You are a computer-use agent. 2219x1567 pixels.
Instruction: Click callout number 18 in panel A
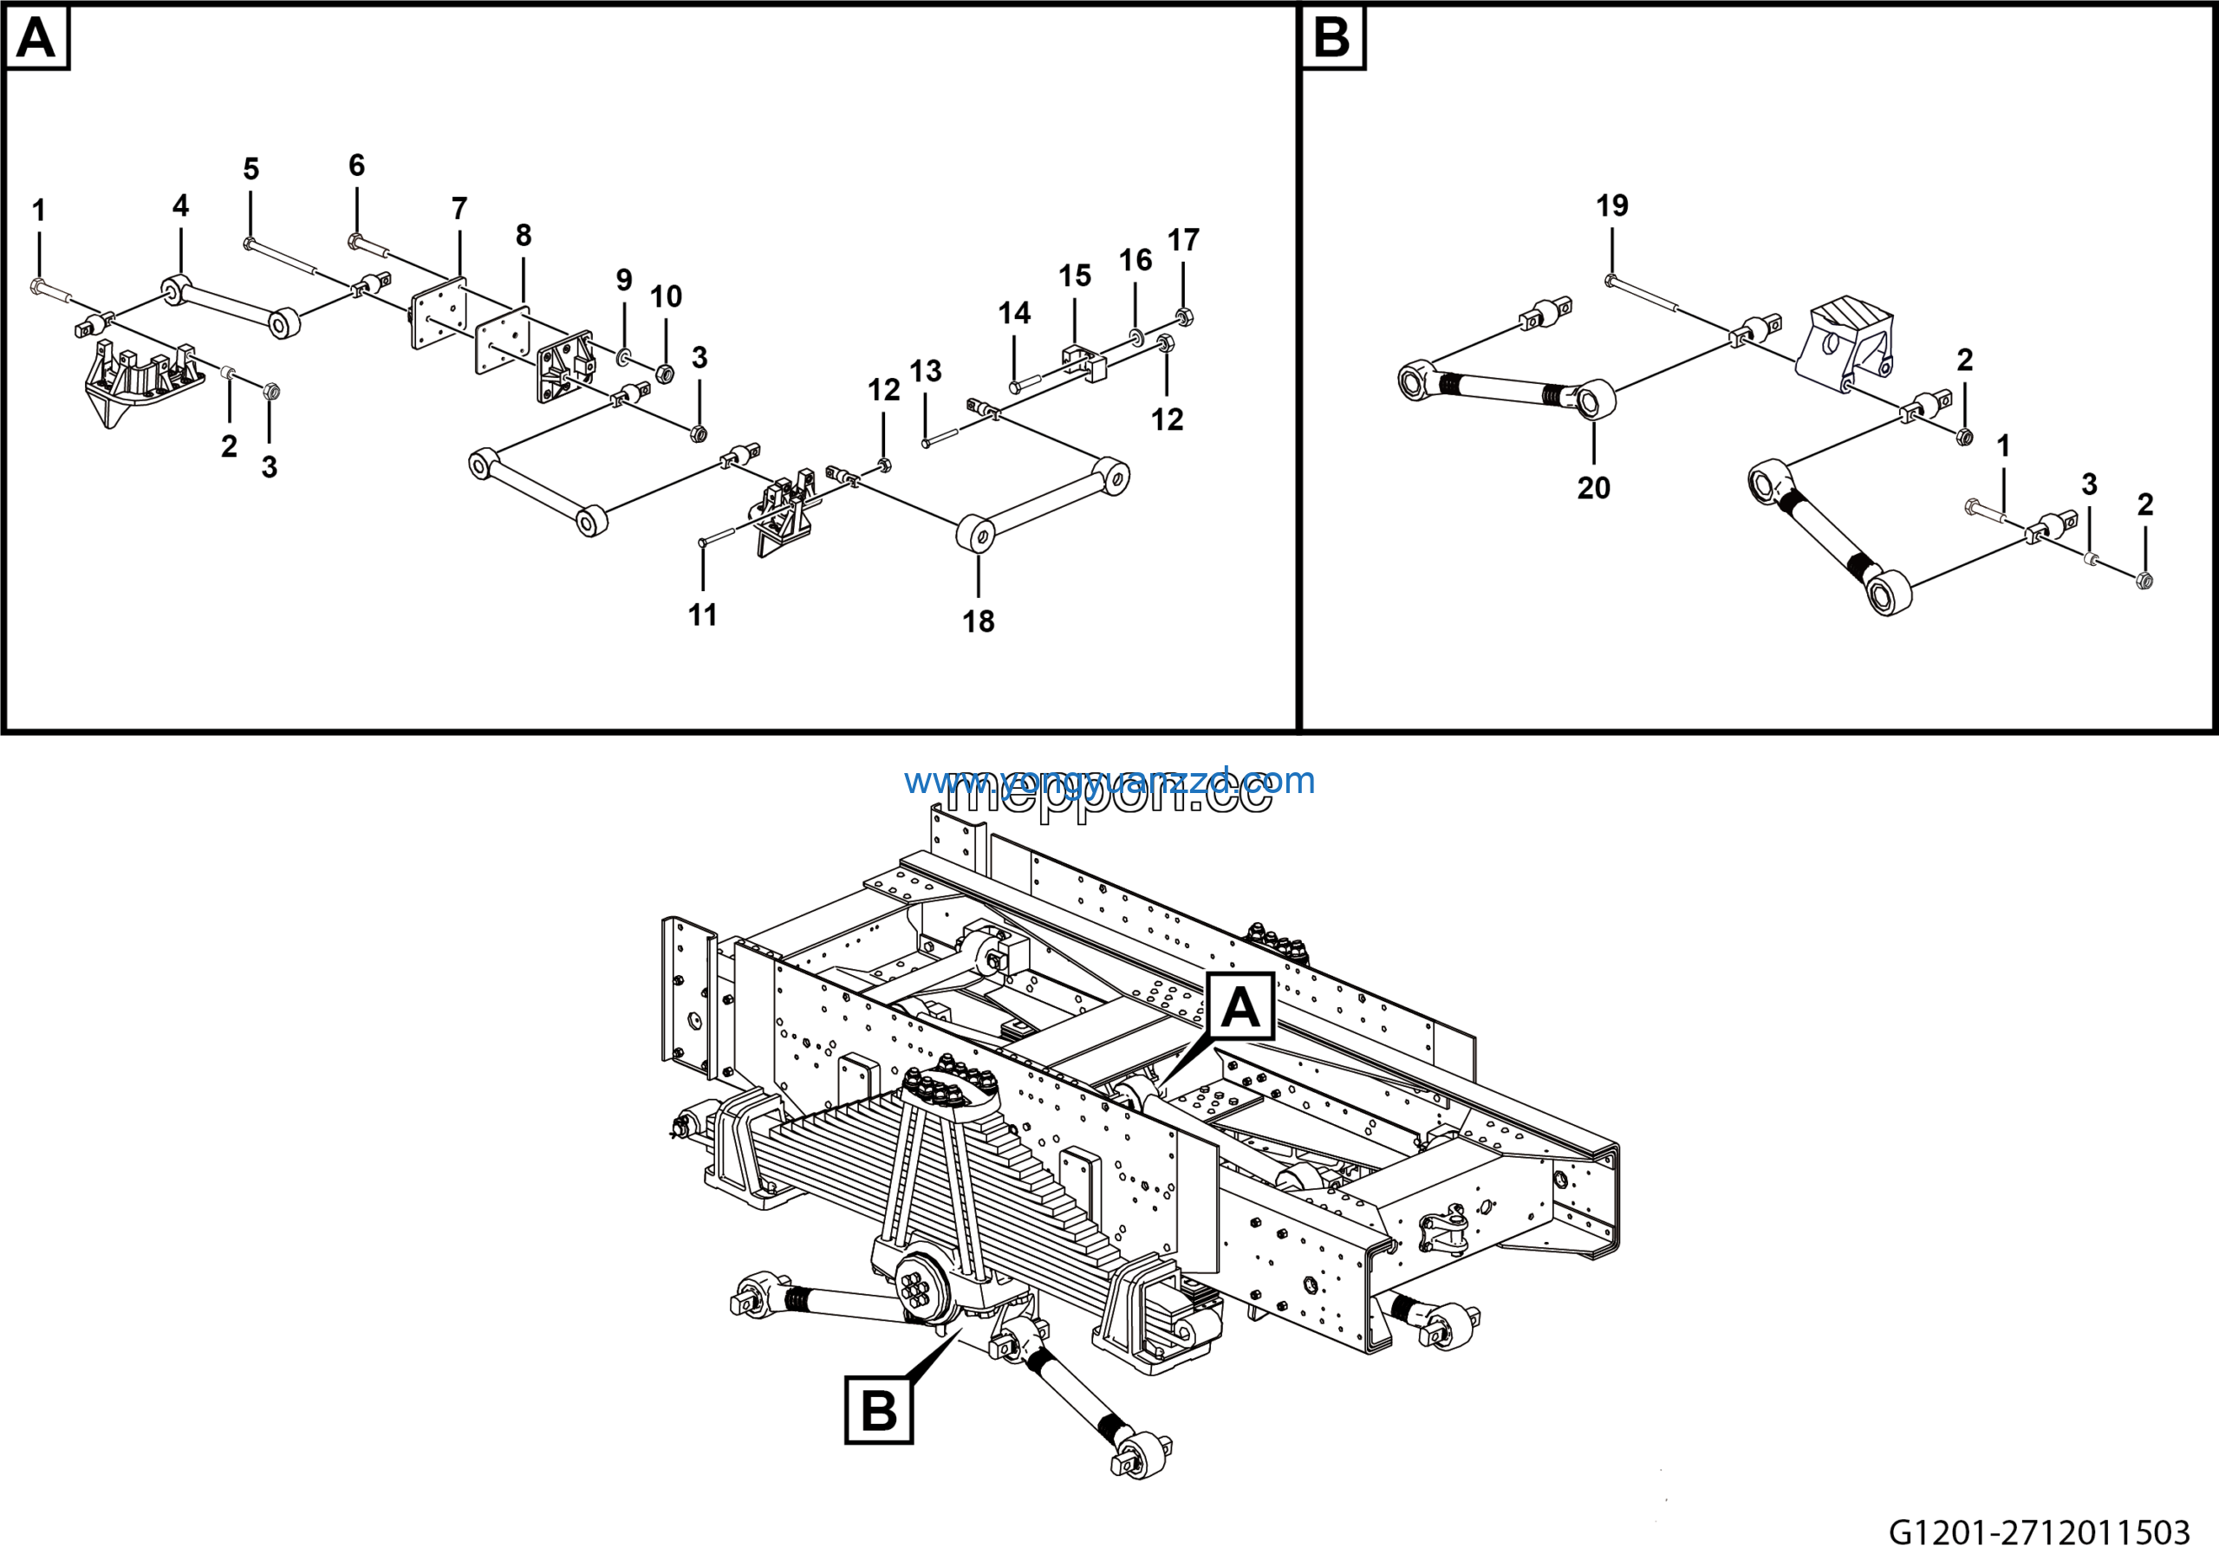[x=978, y=621]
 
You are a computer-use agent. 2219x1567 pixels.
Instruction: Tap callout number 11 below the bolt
[x=703, y=614]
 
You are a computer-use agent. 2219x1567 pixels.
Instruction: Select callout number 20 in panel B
[x=1594, y=488]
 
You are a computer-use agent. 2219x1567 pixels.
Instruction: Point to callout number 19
[x=1612, y=205]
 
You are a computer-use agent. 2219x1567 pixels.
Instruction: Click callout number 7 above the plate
[x=459, y=208]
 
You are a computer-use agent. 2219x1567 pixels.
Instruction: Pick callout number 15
[x=1075, y=276]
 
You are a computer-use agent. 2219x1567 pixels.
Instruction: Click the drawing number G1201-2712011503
[x=2040, y=1532]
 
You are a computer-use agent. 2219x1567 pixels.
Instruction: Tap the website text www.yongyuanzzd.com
[x=1109, y=781]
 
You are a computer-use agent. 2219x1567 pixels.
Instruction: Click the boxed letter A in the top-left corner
[x=36, y=39]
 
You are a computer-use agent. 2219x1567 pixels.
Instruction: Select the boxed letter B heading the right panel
[x=1331, y=39]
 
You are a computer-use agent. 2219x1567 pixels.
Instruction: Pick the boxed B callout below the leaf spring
[x=879, y=1410]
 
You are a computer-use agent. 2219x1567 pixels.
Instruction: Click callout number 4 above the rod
[x=181, y=205]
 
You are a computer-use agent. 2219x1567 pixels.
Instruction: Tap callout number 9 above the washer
[x=624, y=279]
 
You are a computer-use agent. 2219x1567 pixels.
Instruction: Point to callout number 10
[x=666, y=296]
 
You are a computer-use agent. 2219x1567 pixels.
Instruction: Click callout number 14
[x=1014, y=312]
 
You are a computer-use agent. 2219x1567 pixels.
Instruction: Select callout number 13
[x=925, y=370]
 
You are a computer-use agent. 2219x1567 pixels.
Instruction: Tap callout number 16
[x=1136, y=259]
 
